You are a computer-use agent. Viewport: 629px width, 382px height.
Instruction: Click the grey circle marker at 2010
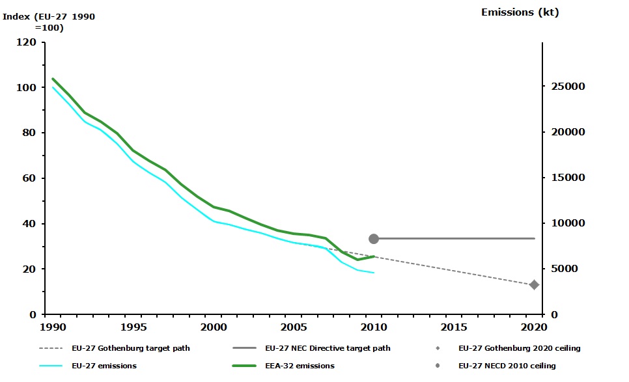(x=374, y=239)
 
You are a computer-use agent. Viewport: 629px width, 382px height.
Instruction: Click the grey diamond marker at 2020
(x=534, y=284)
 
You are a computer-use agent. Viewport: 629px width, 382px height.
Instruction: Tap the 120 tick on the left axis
(x=27, y=42)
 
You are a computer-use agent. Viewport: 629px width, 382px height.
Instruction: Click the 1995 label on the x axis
(x=132, y=325)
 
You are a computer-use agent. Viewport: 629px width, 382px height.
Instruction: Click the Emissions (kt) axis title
(x=520, y=12)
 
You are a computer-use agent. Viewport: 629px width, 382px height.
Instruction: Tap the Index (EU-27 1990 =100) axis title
(x=49, y=21)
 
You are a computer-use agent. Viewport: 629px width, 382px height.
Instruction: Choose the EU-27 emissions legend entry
(x=104, y=366)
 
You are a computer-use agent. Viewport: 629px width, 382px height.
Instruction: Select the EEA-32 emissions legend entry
(x=301, y=366)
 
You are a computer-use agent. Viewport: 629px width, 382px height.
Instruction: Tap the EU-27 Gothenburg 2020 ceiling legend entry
(x=519, y=348)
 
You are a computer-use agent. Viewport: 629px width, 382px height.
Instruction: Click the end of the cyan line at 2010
(x=374, y=273)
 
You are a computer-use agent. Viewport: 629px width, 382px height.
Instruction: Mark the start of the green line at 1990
(x=53, y=79)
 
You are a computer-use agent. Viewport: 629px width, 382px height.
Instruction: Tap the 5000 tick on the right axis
(x=566, y=269)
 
